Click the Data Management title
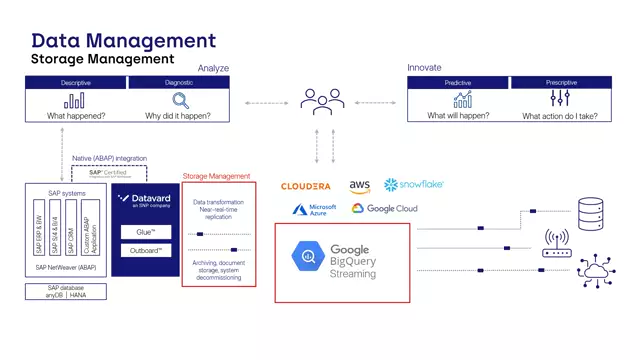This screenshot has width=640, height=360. (x=123, y=41)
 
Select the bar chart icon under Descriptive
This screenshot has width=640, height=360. (x=75, y=100)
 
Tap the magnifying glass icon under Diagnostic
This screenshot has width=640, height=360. (x=180, y=100)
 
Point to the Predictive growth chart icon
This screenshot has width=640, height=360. (x=462, y=99)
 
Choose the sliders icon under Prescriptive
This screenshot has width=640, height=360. (x=560, y=99)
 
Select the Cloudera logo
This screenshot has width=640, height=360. (x=306, y=186)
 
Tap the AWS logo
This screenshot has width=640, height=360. (x=360, y=186)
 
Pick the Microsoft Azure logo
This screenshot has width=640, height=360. (x=314, y=208)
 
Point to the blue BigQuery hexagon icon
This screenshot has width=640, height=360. (x=305, y=258)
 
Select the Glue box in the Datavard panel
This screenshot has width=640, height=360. (x=146, y=232)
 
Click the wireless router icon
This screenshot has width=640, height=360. (x=556, y=241)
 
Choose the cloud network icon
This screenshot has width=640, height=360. (x=597, y=271)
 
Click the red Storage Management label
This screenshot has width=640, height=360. (x=216, y=177)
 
